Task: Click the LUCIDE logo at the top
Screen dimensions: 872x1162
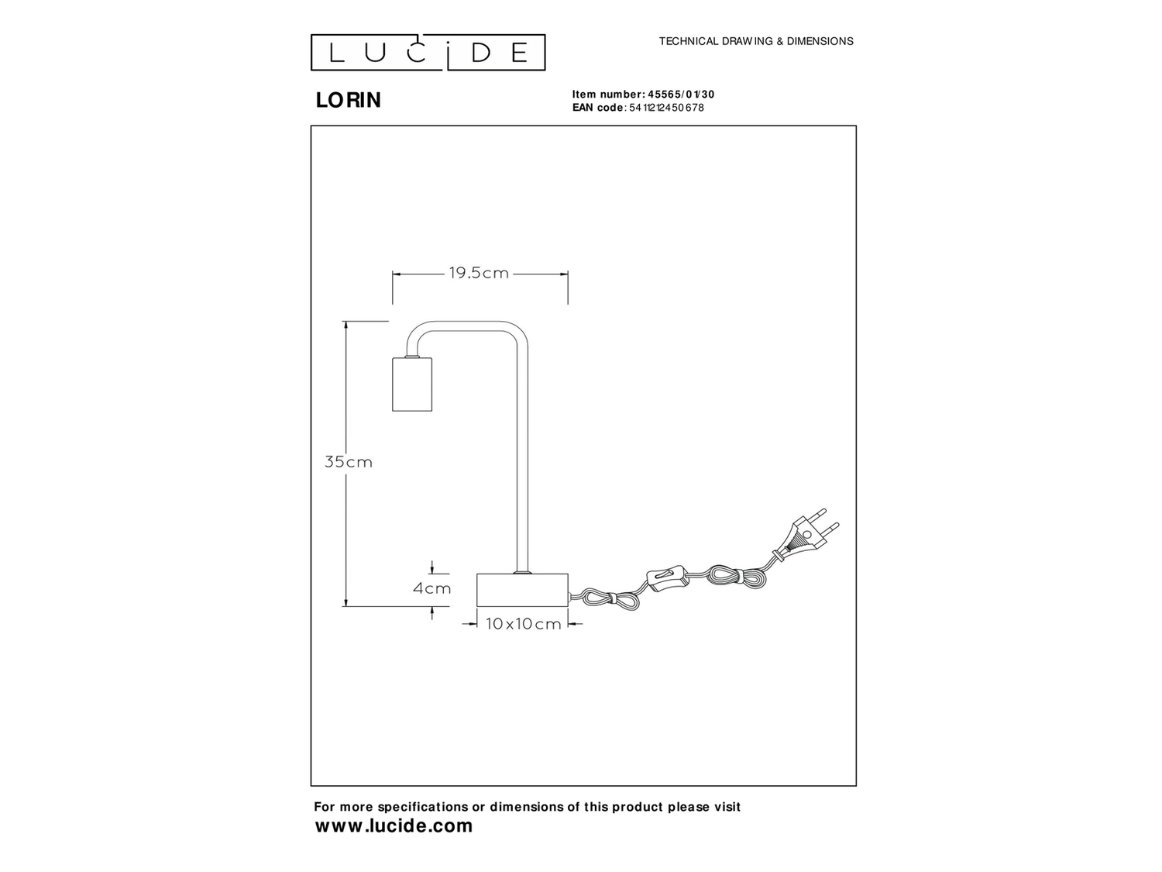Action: (428, 53)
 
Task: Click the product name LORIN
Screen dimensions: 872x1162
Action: (349, 101)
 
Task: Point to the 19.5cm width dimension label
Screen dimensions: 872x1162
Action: (479, 273)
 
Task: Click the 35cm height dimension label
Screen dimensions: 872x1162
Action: (348, 462)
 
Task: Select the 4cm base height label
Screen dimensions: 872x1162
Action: (431, 588)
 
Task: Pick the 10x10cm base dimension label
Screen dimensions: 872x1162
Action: (523, 624)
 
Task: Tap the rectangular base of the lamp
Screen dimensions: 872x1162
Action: (522, 590)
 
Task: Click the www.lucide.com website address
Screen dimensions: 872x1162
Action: (394, 826)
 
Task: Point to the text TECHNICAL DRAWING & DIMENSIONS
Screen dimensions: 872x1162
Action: (756, 41)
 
